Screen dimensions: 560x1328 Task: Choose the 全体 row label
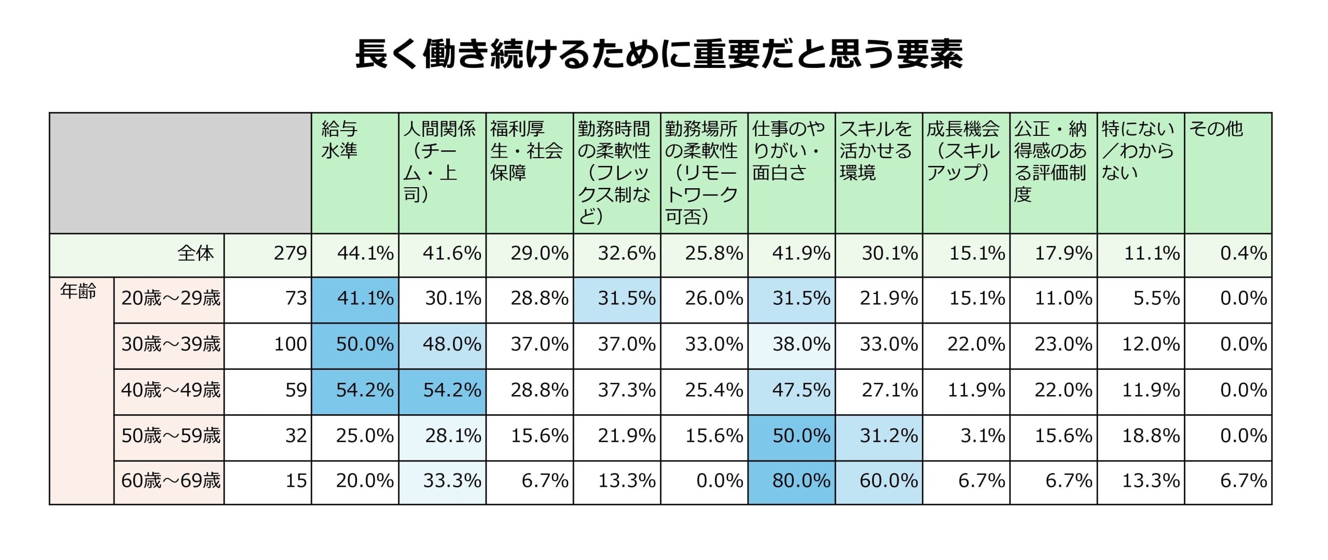pos(196,253)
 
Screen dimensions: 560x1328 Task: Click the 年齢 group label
pos(78,291)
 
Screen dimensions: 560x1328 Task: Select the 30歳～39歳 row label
pos(171,344)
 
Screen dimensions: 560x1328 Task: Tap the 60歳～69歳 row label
pos(171,481)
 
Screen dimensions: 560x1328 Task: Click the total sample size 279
pos(290,253)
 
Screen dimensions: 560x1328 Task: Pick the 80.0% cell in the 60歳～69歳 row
pos(801,481)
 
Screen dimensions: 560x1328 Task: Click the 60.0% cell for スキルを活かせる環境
pos(888,481)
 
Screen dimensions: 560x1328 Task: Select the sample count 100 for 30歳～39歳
pos(290,344)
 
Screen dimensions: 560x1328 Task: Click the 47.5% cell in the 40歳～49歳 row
pos(801,390)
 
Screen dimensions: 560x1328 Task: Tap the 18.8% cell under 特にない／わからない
pos(1151,436)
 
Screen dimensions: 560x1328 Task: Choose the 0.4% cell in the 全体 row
pos(1243,253)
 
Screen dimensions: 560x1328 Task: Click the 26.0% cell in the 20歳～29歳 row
pos(714,298)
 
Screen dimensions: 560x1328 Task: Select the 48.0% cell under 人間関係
pos(452,344)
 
